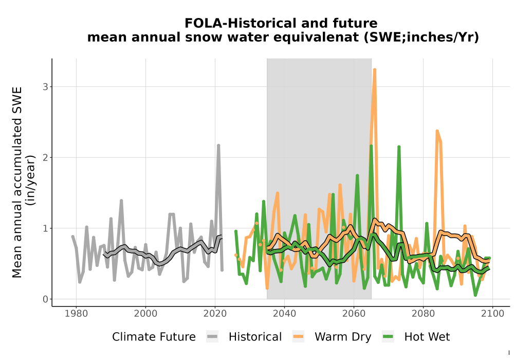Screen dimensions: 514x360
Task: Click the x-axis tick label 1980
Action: tap(77, 314)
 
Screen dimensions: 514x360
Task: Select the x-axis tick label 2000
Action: tap(146, 314)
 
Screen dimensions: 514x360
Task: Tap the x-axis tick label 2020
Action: tap(215, 314)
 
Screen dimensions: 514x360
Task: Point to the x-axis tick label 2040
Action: tap(285, 314)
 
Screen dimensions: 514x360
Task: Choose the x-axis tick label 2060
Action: tap(354, 314)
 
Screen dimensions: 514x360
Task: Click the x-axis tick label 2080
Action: tap(423, 314)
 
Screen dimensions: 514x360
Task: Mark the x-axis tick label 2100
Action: tap(493, 314)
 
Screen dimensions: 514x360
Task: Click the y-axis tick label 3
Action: tap(45, 87)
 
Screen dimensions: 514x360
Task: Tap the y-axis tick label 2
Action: tap(45, 158)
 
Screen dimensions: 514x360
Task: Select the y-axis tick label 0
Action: tap(45, 299)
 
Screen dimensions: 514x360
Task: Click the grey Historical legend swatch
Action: tap(212, 337)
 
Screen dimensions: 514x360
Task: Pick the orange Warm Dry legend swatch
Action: tap(298, 337)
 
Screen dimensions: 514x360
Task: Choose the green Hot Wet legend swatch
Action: tap(388, 337)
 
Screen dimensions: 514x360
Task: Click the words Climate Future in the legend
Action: tap(154, 337)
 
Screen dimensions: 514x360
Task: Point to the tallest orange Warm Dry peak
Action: tap(375, 69)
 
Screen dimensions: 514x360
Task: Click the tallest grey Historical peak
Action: tap(218, 145)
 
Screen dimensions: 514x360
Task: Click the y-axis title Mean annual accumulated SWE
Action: tap(17, 182)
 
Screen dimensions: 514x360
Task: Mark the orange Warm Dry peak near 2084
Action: tap(437, 131)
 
